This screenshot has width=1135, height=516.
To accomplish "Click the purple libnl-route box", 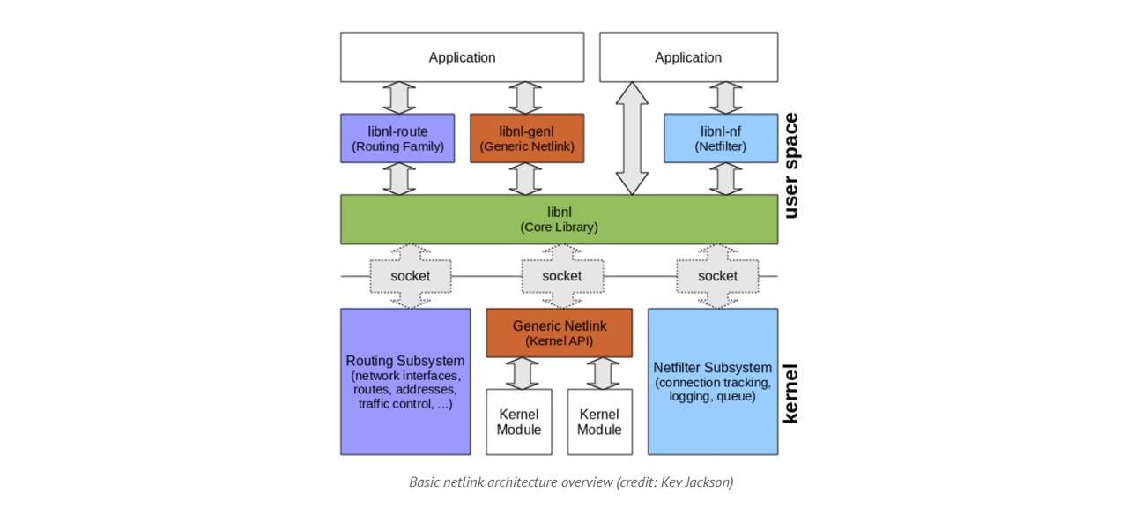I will click(x=397, y=138).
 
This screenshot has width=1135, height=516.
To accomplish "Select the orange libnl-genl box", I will click(x=526, y=138).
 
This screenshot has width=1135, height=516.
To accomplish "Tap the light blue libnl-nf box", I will click(x=720, y=138).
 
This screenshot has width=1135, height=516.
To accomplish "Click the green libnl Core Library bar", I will click(x=559, y=220).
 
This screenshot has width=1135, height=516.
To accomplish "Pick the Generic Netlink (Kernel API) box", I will click(x=559, y=333).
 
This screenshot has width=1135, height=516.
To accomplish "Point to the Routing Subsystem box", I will click(x=404, y=381).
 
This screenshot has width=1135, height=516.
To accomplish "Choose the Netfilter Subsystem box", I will click(x=712, y=381).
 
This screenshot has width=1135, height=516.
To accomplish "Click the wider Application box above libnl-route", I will click(x=462, y=57).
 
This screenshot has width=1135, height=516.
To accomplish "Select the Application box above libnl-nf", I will click(x=688, y=57).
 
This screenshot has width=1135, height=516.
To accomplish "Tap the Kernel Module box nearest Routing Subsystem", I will click(x=518, y=422).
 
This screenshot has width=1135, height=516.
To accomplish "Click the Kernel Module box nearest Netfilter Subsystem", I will click(x=599, y=422).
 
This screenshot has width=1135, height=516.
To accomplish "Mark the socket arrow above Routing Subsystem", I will click(x=410, y=276).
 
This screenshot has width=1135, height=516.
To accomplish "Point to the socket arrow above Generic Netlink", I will click(x=561, y=276).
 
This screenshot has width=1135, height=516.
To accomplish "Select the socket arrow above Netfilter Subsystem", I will click(x=717, y=276).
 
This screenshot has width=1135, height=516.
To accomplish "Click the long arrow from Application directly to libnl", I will click(x=631, y=138).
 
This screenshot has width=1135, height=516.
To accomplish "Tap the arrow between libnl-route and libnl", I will click(x=400, y=178).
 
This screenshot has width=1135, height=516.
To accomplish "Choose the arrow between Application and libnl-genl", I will click(x=526, y=98).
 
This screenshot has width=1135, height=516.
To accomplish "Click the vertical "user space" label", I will click(x=790, y=165).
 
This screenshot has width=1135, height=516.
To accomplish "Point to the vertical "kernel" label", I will click(x=790, y=393).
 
